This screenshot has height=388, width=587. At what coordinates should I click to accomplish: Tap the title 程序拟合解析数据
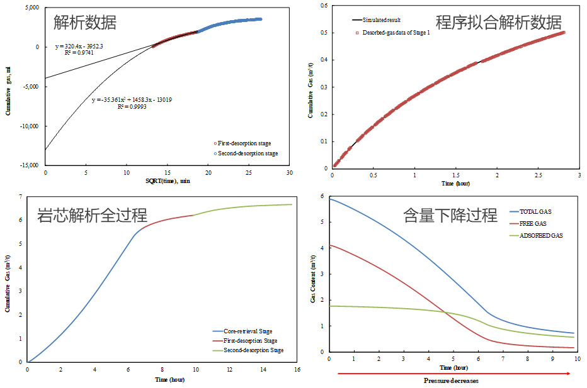pyautogui.click(x=498, y=23)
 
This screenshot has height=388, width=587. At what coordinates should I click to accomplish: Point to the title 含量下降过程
pyautogui.click(x=450, y=215)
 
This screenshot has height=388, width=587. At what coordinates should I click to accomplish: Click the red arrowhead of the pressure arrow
pyautogui.click(x=568, y=373)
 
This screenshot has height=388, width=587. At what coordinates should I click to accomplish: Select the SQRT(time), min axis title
pyautogui.click(x=167, y=181)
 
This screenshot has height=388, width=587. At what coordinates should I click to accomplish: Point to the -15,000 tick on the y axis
pyautogui.click(x=27, y=165)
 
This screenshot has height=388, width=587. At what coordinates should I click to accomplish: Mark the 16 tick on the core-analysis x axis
pyautogui.click(x=293, y=369)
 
